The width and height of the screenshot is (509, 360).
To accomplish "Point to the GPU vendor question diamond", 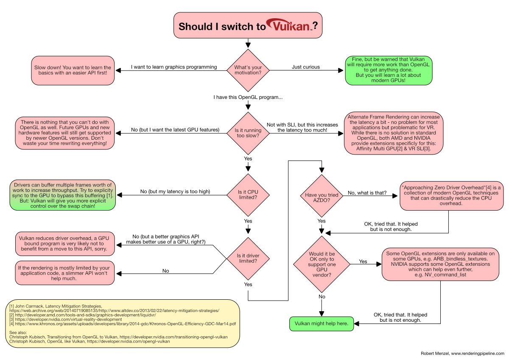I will tap(321, 264).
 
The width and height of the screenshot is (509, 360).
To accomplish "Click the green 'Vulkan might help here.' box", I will tap(321, 323).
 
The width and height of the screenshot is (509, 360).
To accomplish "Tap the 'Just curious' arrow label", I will tap(305, 67).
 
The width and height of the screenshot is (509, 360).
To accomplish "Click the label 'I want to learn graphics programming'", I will tap(174, 67).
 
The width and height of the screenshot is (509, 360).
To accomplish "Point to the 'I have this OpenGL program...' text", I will tap(248, 98).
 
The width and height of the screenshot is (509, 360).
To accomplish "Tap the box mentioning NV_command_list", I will tap(439, 264).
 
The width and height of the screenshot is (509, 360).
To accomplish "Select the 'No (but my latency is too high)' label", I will tap(175, 192).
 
